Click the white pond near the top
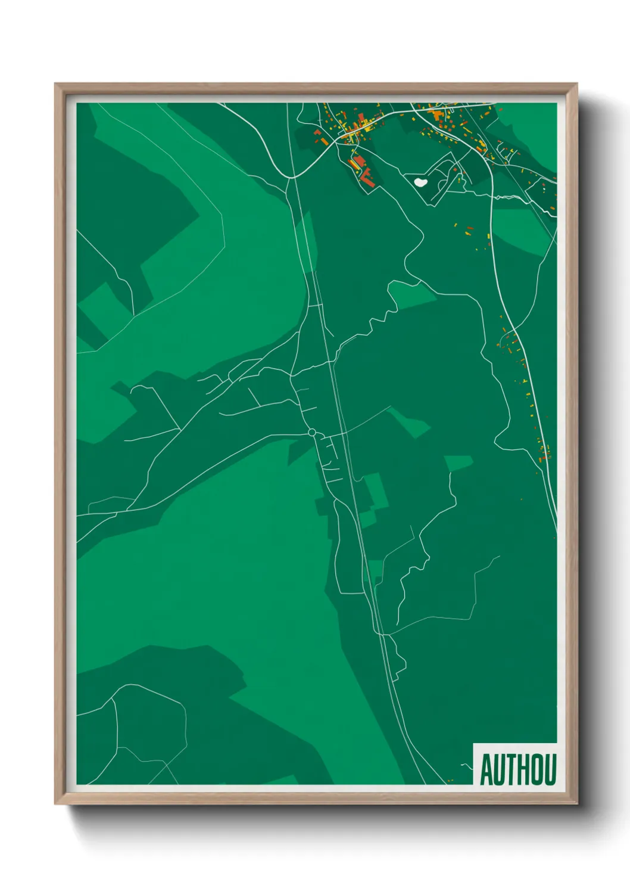coord(420,182)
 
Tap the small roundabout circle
coord(311,432)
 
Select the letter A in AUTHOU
coord(486,769)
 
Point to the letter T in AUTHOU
coord(511,769)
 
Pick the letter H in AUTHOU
coord(523,769)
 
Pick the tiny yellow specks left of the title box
coord(451,780)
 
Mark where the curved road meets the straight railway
coord(291,177)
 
